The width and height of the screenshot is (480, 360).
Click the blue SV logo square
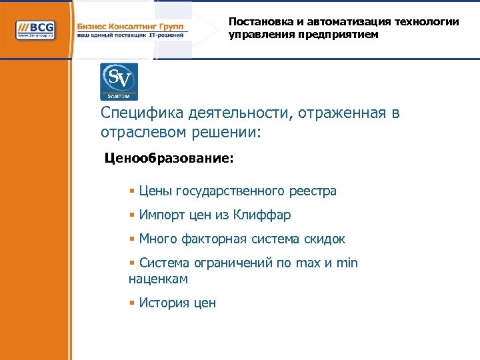(119, 81)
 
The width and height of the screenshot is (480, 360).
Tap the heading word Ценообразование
(169, 159)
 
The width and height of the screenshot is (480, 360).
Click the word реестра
(313, 191)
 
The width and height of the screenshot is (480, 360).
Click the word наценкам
(158, 279)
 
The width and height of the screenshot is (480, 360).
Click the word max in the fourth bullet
(309, 263)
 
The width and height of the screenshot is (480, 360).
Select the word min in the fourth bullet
(347, 263)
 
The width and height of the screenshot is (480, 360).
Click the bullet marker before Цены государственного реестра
(132, 191)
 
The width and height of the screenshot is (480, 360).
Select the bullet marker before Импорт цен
(132, 215)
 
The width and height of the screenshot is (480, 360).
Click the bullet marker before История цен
(132, 303)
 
